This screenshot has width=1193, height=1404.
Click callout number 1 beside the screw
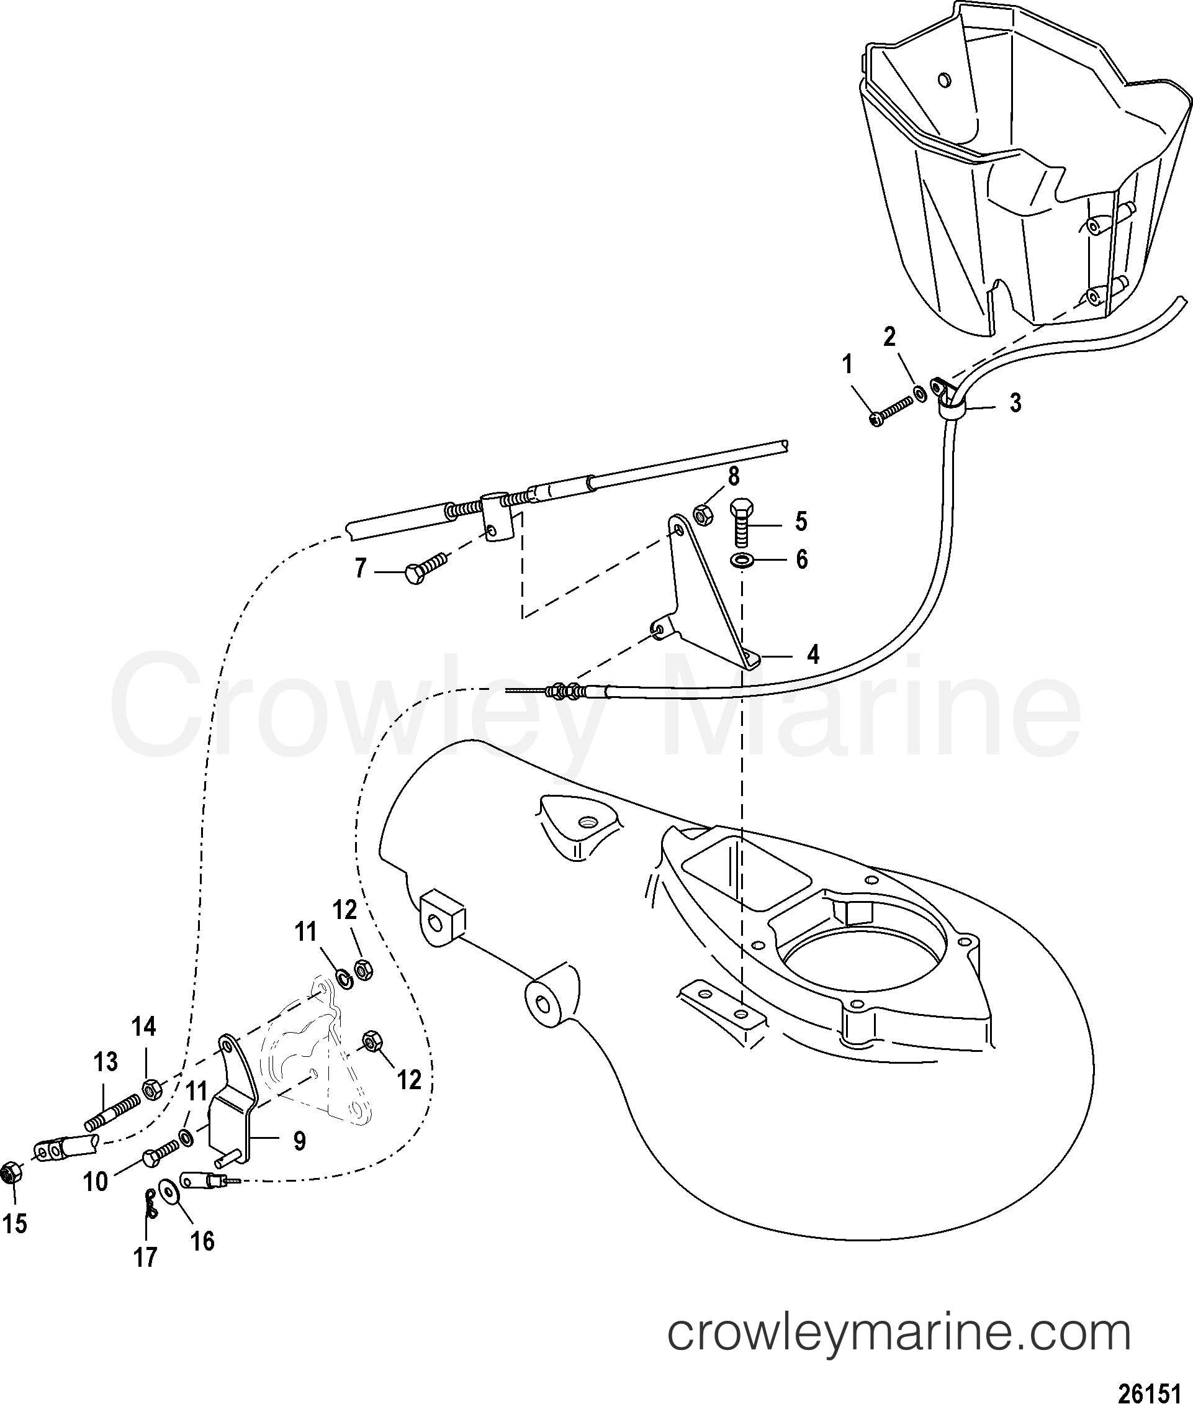(847, 366)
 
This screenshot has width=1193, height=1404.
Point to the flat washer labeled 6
(742, 560)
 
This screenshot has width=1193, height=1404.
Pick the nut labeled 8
(702, 515)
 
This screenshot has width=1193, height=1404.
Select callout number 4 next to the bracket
(813, 654)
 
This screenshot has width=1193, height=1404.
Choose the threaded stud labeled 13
(113, 1110)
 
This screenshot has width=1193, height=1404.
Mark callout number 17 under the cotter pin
(145, 1257)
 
